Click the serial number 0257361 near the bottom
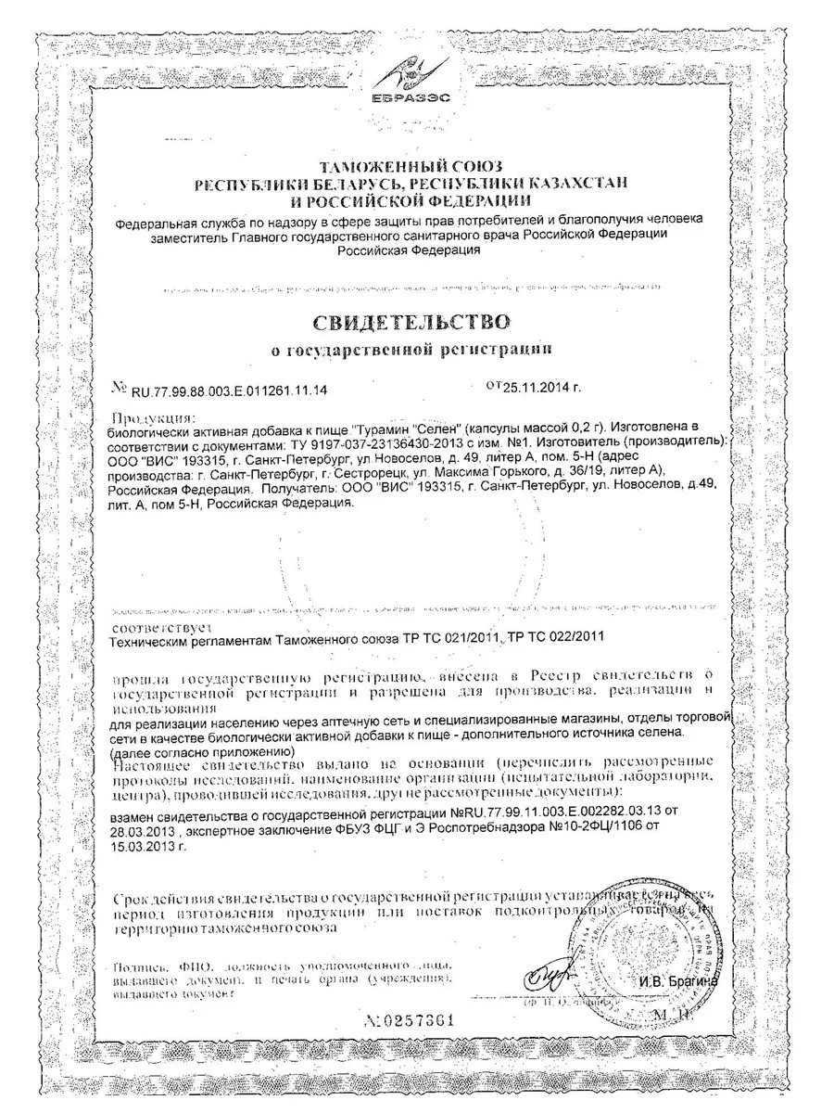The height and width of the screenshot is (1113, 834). click(x=415, y=1020)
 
